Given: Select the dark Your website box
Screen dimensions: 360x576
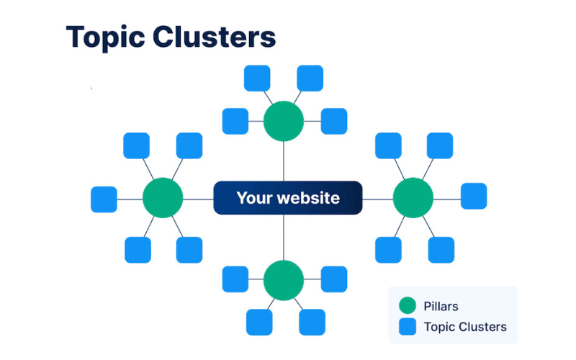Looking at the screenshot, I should pyautogui.click(x=287, y=197).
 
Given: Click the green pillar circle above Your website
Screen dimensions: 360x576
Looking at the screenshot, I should pyautogui.click(x=283, y=121).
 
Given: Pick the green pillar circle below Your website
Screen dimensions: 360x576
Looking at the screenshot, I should pyautogui.click(x=283, y=280).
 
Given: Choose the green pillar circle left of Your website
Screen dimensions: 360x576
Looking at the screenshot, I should pyautogui.click(x=163, y=197).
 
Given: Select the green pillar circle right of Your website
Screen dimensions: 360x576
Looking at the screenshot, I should pyautogui.click(x=413, y=197).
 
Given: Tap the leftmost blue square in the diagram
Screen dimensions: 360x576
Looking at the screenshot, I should pyautogui.click(x=104, y=199).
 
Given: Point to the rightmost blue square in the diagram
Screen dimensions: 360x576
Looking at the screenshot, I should pyautogui.click(x=473, y=196).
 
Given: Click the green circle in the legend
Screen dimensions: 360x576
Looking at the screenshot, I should pyautogui.click(x=408, y=305).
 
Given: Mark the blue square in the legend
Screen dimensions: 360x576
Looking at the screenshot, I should pyautogui.click(x=408, y=327).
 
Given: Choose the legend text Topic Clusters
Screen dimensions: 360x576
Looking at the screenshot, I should pyautogui.click(x=465, y=327).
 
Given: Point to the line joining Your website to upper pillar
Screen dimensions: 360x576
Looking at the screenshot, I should pyautogui.click(x=283, y=161).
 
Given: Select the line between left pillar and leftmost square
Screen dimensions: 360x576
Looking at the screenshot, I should pyautogui.click(x=130, y=198).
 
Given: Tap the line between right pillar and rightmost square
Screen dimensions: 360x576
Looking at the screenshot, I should pyautogui.click(x=446, y=197).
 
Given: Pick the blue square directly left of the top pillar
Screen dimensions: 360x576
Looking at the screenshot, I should pyautogui.click(x=235, y=121).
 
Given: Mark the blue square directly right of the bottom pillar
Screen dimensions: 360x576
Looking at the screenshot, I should pyautogui.click(x=333, y=279).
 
